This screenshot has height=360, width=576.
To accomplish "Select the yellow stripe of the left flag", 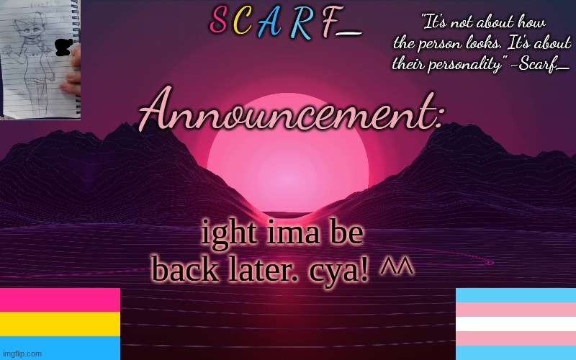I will tap(60, 323).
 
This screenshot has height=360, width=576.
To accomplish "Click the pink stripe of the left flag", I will tap(60, 300).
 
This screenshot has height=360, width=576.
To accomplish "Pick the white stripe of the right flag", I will tap(516, 324).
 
